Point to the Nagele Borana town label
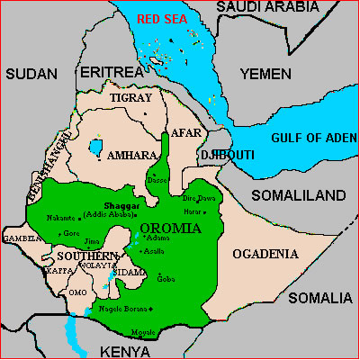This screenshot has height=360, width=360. (121, 310)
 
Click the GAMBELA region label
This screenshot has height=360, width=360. (22, 238)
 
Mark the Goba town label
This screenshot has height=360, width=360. (165, 279)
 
